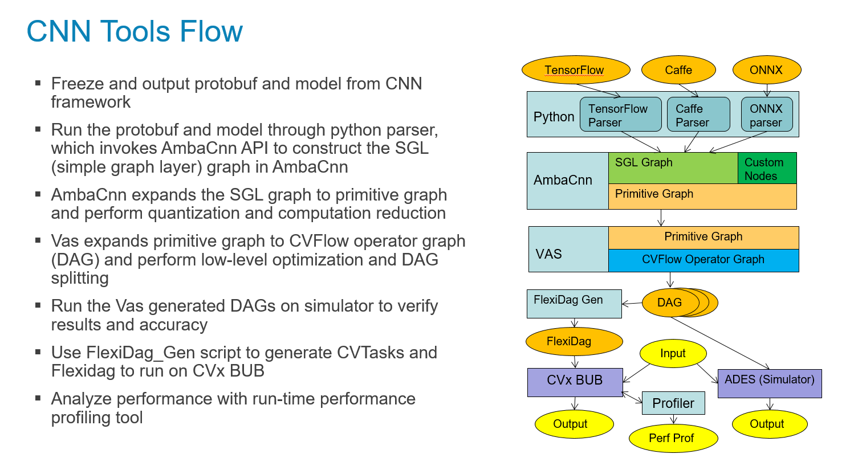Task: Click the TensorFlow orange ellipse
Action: pyautogui.click(x=576, y=70)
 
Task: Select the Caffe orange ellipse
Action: pyautogui.click(x=678, y=70)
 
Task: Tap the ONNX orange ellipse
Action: pyautogui.click(x=766, y=70)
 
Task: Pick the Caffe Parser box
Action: pyautogui.click(x=698, y=115)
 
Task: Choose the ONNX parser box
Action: pyautogui.click(x=767, y=115)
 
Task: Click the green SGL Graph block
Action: pyautogui.click(x=673, y=167)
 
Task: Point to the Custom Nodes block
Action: pyautogui.click(x=767, y=168)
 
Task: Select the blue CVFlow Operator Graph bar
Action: pyautogui.click(x=703, y=260)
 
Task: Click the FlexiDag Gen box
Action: pyautogui.click(x=574, y=304)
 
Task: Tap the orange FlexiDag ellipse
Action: pyautogui.click(x=574, y=341)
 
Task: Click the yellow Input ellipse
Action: pyautogui.click(x=673, y=353)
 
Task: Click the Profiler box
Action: pyautogui.click(x=673, y=403)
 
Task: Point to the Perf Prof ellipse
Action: pyautogui.click(x=673, y=438)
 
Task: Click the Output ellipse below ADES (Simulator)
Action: pyautogui.click(x=770, y=424)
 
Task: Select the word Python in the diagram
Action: pyautogui.click(x=554, y=117)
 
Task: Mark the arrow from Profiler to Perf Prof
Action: pyautogui.click(x=673, y=419)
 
